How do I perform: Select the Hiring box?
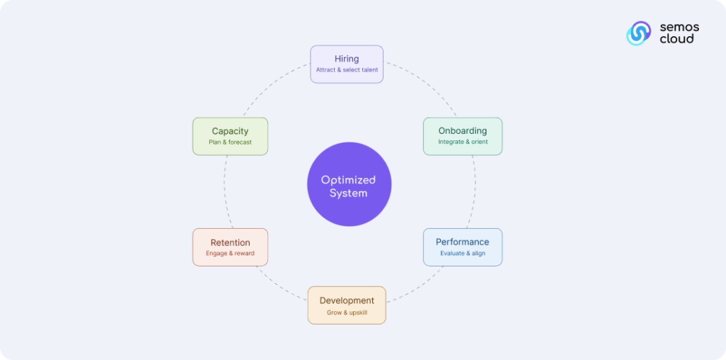(347, 64)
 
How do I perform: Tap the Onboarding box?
(462, 135)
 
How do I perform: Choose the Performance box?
(462, 247)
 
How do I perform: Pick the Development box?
(347, 305)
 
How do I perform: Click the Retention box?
(230, 247)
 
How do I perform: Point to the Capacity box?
(230, 135)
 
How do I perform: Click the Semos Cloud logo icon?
(638, 33)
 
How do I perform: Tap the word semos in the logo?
(679, 27)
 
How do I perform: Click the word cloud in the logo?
(676, 39)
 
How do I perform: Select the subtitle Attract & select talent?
(347, 70)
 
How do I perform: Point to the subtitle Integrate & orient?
(462, 142)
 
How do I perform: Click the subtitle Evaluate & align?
(462, 254)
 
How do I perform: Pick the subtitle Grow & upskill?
(347, 313)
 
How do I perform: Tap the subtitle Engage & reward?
(230, 254)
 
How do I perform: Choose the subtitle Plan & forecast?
(230, 142)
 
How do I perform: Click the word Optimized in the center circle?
(348, 180)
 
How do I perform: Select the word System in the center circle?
(348, 193)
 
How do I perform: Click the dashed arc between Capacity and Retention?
(225, 191)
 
